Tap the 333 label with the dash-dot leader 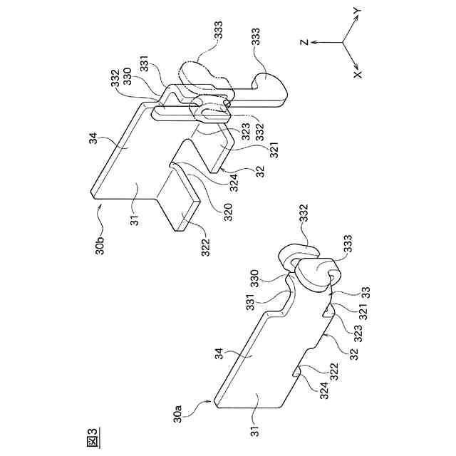click(x=217, y=31)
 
